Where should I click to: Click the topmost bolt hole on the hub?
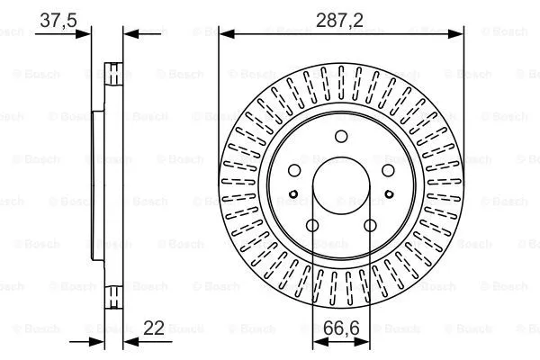coord(341,137)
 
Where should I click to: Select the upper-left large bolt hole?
coord(294,171)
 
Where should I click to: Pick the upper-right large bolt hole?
coord(387,171)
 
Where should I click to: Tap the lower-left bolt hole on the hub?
coord(312,226)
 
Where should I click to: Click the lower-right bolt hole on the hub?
coord(370,226)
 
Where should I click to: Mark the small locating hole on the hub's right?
coord(389,193)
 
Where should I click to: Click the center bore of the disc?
coord(341,190)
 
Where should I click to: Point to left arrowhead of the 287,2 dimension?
coord(226,34)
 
